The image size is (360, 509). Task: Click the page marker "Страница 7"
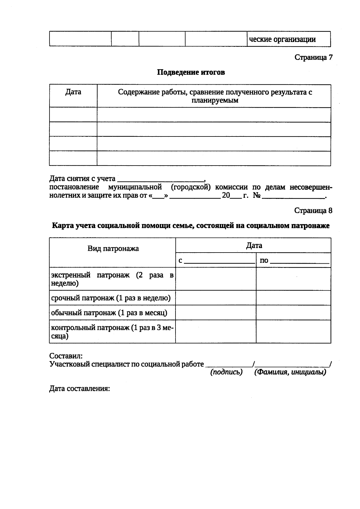click(313, 57)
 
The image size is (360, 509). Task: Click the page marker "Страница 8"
click(313, 211)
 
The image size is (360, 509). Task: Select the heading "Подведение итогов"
click(191, 72)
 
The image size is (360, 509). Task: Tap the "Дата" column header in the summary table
click(73, 92)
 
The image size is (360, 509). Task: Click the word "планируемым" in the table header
click(215, 100)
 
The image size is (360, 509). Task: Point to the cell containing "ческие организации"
click(282, 39)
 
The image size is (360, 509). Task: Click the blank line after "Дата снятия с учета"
click(160, 179)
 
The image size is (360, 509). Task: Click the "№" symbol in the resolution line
click(256, 196)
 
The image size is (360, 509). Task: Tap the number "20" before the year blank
click(226, 196)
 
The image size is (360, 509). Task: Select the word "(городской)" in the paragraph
click(191, 187)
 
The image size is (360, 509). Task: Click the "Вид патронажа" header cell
click(113, 249)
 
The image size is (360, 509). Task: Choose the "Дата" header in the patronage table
click(254, 246)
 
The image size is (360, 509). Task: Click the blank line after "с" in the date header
click(219, 261)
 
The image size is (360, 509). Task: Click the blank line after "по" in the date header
click(299, 261)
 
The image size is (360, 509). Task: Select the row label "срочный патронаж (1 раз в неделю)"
click(111, 298)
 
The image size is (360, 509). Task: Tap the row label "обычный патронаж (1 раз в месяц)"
click(109, 313)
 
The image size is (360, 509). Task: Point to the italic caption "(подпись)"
click(226, 372)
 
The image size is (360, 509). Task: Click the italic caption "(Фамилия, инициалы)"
click(290, 372)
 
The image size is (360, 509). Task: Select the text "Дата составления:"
click(79, 389)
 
